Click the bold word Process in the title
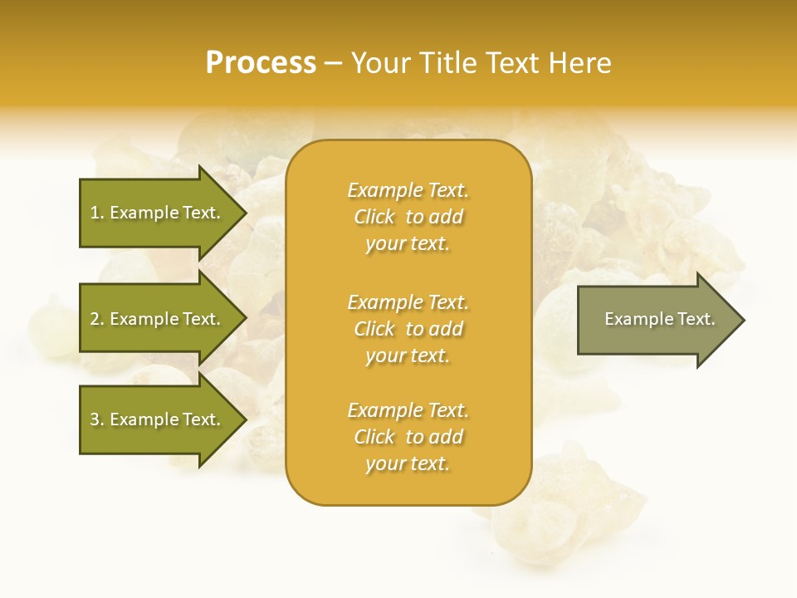[x=261, y=63]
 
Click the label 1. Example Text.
[x=154, y=213]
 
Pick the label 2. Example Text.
[x=154, y=319]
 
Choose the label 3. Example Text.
[x=154, y=419]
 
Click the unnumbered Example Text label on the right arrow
[x=659, y=319]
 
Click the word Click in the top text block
[x=374, y=217]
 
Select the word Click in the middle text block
[x=374, y=329]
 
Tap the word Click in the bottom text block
[x=374, y=437]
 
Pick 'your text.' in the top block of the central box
[x=408, y=244]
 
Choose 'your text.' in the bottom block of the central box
[x=408, y=464]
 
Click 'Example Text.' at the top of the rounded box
[x=408, y=190]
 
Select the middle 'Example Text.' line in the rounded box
[x=408, y=302]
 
